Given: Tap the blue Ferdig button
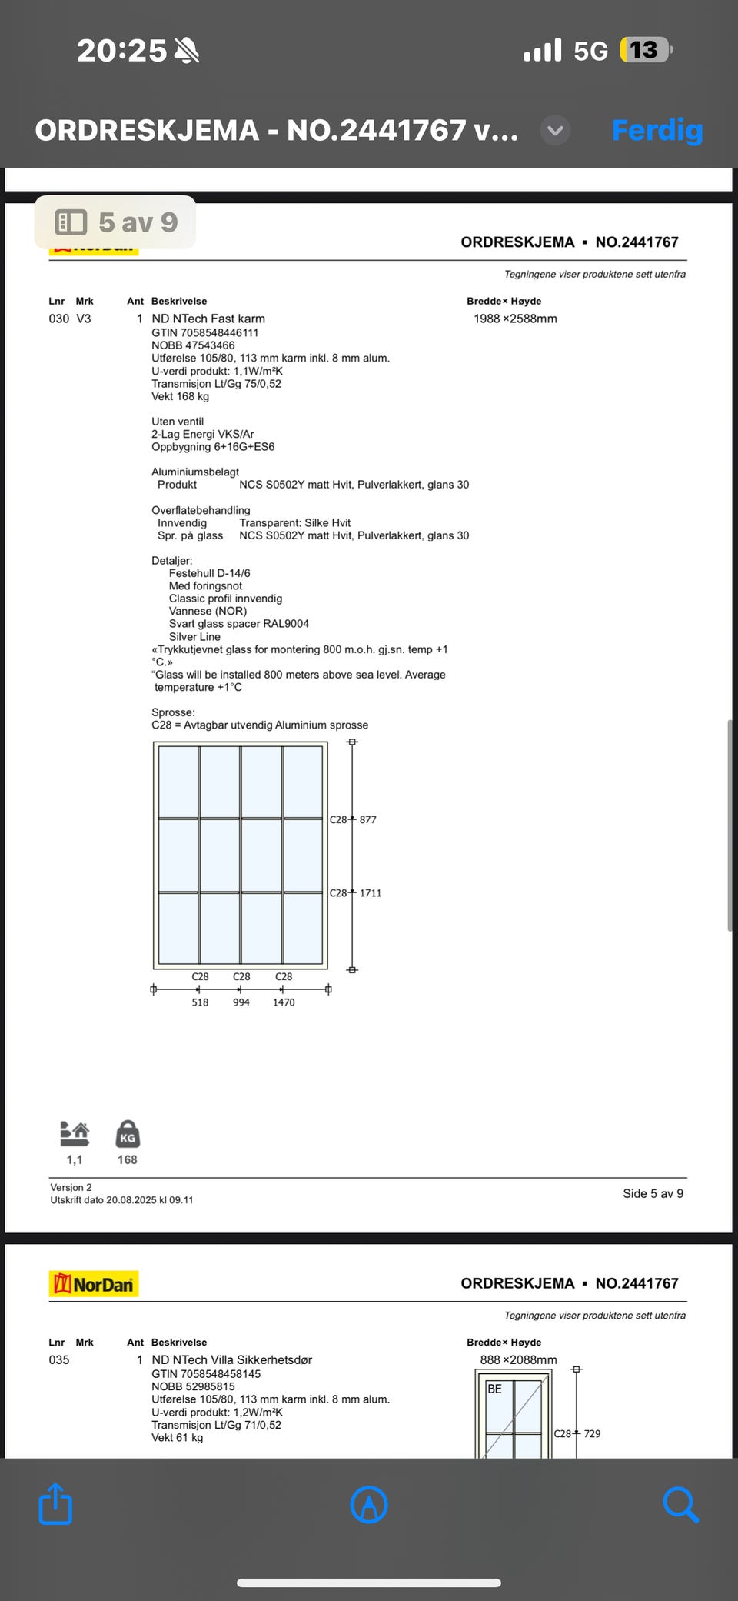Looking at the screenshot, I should coord(657,130).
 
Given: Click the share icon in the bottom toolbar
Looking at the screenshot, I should coord(55,1503).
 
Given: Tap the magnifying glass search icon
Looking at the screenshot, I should coord(680,1503).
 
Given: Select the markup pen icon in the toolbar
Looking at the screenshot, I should coord(369,1503).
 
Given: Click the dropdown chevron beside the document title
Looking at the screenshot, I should coord(555,130).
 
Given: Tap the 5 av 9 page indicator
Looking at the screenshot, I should coord(115,222).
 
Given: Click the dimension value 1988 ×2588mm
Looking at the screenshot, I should coord(515,319).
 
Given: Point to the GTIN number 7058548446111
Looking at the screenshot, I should coord(204,332).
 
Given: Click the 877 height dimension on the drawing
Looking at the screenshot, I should coord(368,819).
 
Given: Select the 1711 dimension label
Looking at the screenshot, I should coord(371,893).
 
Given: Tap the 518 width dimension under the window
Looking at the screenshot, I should coord(200,1002).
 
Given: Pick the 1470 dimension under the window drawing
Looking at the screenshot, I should coord(284,1002).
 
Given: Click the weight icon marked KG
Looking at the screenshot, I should coord(128,1136).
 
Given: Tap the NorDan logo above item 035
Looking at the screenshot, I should coord(94,1284).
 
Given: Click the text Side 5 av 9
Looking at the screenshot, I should coord(653,1193).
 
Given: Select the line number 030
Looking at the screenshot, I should coord(59,319).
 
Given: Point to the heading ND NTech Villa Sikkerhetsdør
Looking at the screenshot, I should coord(231,1359).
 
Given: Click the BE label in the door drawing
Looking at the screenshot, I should coord(494,1389).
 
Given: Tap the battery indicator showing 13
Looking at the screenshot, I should coord(645,50).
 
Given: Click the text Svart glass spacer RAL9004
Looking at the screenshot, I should coord(238,624).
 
